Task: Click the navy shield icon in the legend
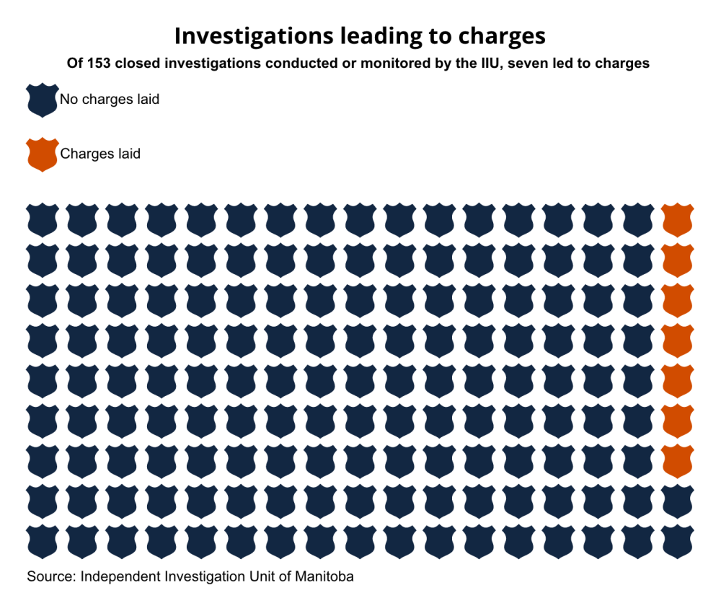(x=42, y=100)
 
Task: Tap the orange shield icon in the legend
(x=42, y=154)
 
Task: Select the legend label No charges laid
(x=110, y=100)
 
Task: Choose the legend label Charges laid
(x=100, y=154)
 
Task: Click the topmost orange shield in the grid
(x=677, y=219)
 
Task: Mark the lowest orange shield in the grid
(x=677, y=460)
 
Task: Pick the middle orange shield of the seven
(x=677, y=340)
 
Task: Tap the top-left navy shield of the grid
(x=42, y=219)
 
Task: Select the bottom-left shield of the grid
(x=42, y=541)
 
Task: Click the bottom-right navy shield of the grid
(x=677, y=541)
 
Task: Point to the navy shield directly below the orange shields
(x=677, y=501)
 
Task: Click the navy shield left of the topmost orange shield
(x=637, y=219)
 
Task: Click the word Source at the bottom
(x=50, y=577)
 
